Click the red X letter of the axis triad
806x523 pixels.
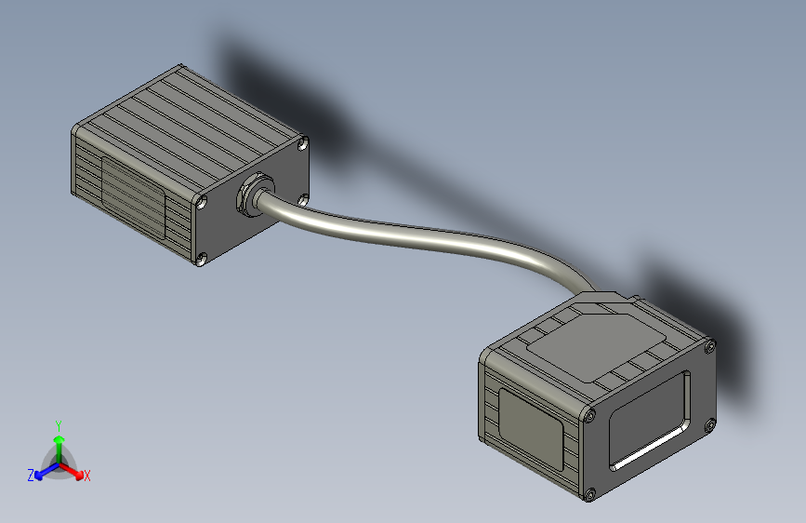tap(87, 476)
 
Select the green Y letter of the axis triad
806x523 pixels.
tap(58, 424)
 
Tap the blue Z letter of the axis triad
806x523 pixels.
tap(31, 476)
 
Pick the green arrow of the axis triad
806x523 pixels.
tap(59, 441)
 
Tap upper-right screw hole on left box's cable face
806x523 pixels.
tap(303, 143)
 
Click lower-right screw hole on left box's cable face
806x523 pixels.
tap(303, 198)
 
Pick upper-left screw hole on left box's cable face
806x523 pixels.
tap(202, 200)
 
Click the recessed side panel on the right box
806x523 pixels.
tap(532, 425)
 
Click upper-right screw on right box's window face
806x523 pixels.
tap(710, 347)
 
